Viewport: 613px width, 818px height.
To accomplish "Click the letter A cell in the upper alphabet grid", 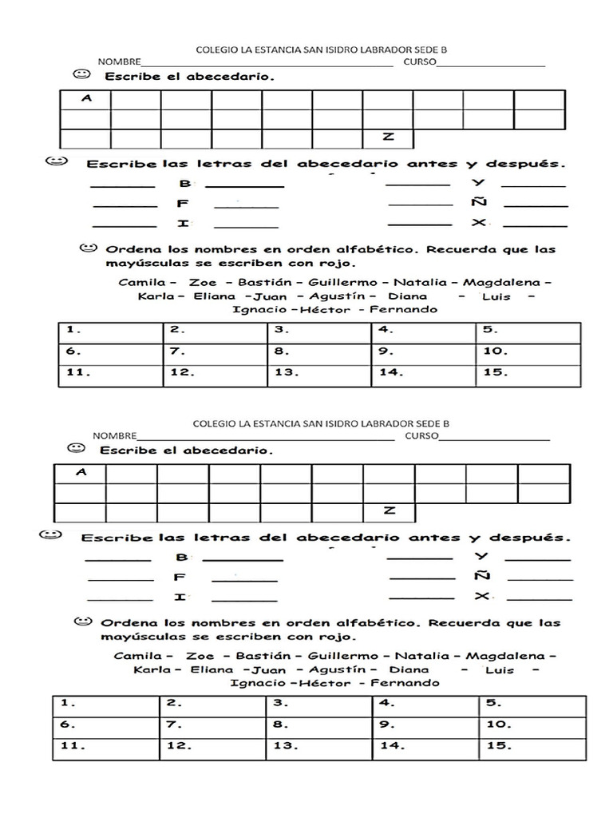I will click(x=85, y=100).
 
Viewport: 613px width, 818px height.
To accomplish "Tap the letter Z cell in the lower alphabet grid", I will click(x=390, y=511).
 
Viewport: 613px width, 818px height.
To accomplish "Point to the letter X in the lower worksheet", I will click(x=481, y=596).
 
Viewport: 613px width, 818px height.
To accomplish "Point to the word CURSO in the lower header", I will click(x=421, y=436).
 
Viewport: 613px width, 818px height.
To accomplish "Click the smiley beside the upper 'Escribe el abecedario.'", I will click(x=81, y=75).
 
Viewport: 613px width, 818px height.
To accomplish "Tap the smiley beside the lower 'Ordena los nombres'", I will click(x=81, y=621).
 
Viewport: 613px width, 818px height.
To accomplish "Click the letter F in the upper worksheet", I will click(x=183, y=204).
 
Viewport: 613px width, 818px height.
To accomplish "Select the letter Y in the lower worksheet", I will click(x=481, y=556).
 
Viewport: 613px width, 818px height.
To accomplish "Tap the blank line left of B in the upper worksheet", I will click(x=124, y=185).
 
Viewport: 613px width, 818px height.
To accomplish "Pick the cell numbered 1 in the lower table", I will click(x=105, y=705).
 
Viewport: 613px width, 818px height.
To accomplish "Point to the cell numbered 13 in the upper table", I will click(x=319, y=372).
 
